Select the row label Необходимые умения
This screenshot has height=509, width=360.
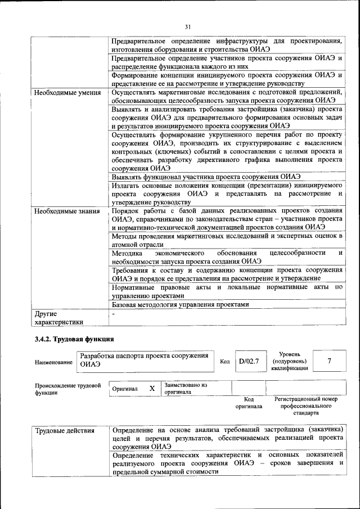pyautogui.click(x=67, y=93)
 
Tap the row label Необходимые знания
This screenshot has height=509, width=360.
pyautogui.click(x=67, y=211)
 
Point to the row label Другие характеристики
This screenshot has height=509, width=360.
pyautogui.click(x=59, y=318)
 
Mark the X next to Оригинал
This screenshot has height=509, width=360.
pyautogui.click(x=152, y=389)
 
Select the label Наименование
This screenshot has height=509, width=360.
pyautogui.click(x=53, y=363)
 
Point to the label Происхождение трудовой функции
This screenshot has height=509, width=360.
pyautogui.click(x=67, y=389)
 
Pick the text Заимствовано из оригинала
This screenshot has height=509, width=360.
pyautogui.click(x=186, y=389)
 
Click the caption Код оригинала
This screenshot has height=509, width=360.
pyautogui.click(x=249, y=403)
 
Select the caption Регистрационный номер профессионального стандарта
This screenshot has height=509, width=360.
pyautogui.click(x=306, y=406)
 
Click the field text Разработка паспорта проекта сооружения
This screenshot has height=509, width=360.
pyautogui.click(x=145, y=356)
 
